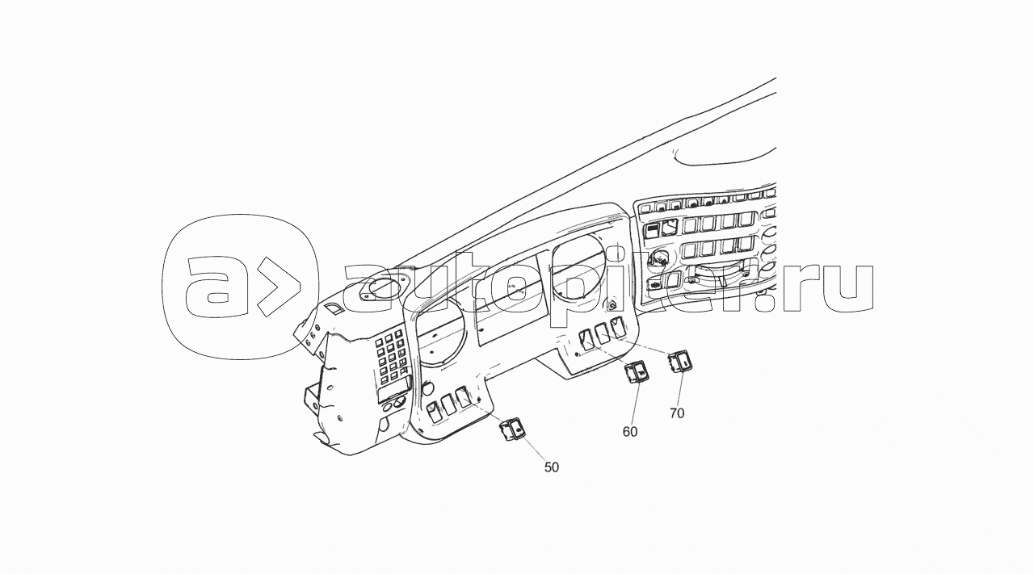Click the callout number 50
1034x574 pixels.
(552, 467)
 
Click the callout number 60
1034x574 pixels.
(630, 431)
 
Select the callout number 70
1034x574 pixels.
(677, 413)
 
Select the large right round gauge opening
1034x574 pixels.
(578, 266)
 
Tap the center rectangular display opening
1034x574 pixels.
(511, 300)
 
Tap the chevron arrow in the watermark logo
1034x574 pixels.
(277, 287)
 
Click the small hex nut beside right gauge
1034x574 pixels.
(612, 305)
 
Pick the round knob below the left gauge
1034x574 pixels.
(428, 387)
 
